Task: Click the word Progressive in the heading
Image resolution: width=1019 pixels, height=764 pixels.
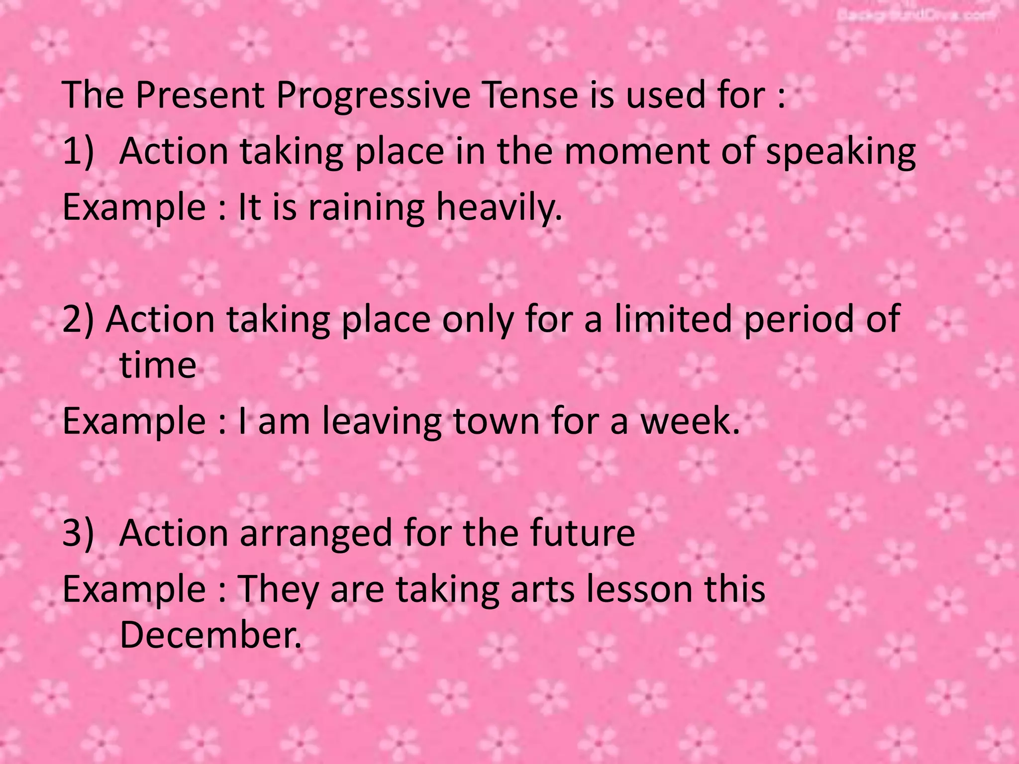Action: (x=373, y=95)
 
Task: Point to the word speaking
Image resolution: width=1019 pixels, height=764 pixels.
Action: (x=840, y=152)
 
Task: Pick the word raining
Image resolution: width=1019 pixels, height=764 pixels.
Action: (x=366, y=207)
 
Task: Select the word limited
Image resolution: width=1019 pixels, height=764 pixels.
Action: (x=675, y=319)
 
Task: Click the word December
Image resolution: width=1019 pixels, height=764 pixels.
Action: (x=210, y=635)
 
